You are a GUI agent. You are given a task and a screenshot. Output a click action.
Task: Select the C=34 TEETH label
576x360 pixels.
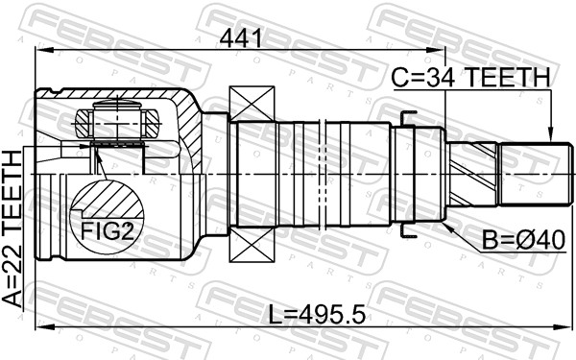point(470,78)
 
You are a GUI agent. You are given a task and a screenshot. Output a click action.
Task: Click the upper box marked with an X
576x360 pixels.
point(252,105)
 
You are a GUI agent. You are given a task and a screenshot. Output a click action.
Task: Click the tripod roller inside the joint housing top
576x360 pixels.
point(116,122)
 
